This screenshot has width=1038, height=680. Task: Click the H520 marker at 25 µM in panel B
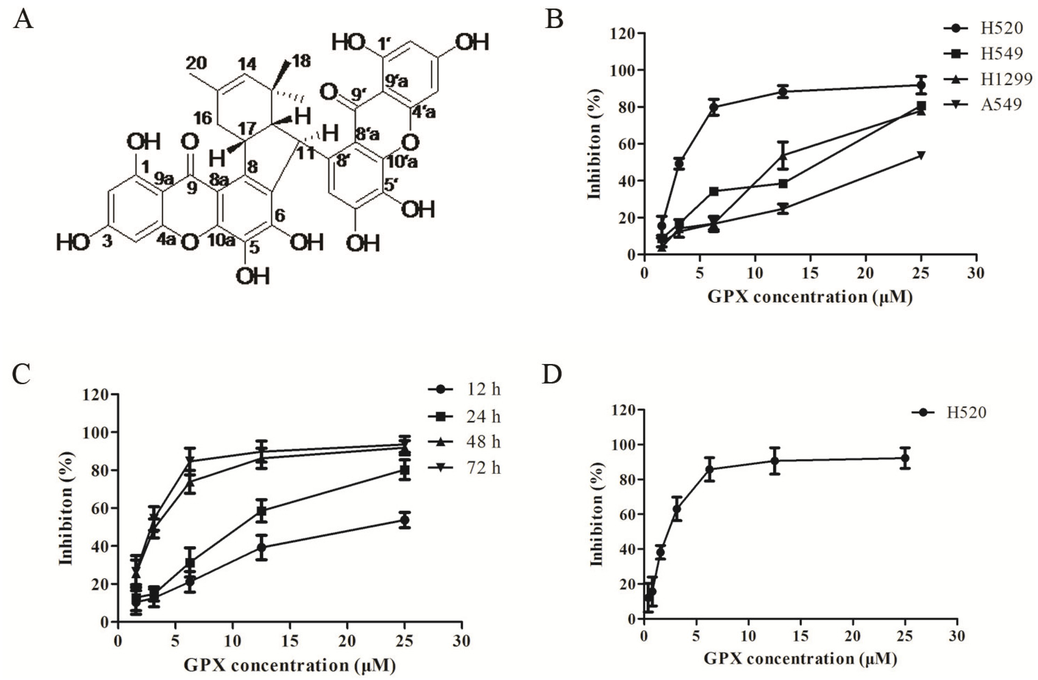click(921, 85)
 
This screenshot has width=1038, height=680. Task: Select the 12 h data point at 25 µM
click(405, 520)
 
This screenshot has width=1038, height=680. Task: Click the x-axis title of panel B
click(810, 297)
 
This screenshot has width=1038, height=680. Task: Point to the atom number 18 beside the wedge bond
click(301, 62)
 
